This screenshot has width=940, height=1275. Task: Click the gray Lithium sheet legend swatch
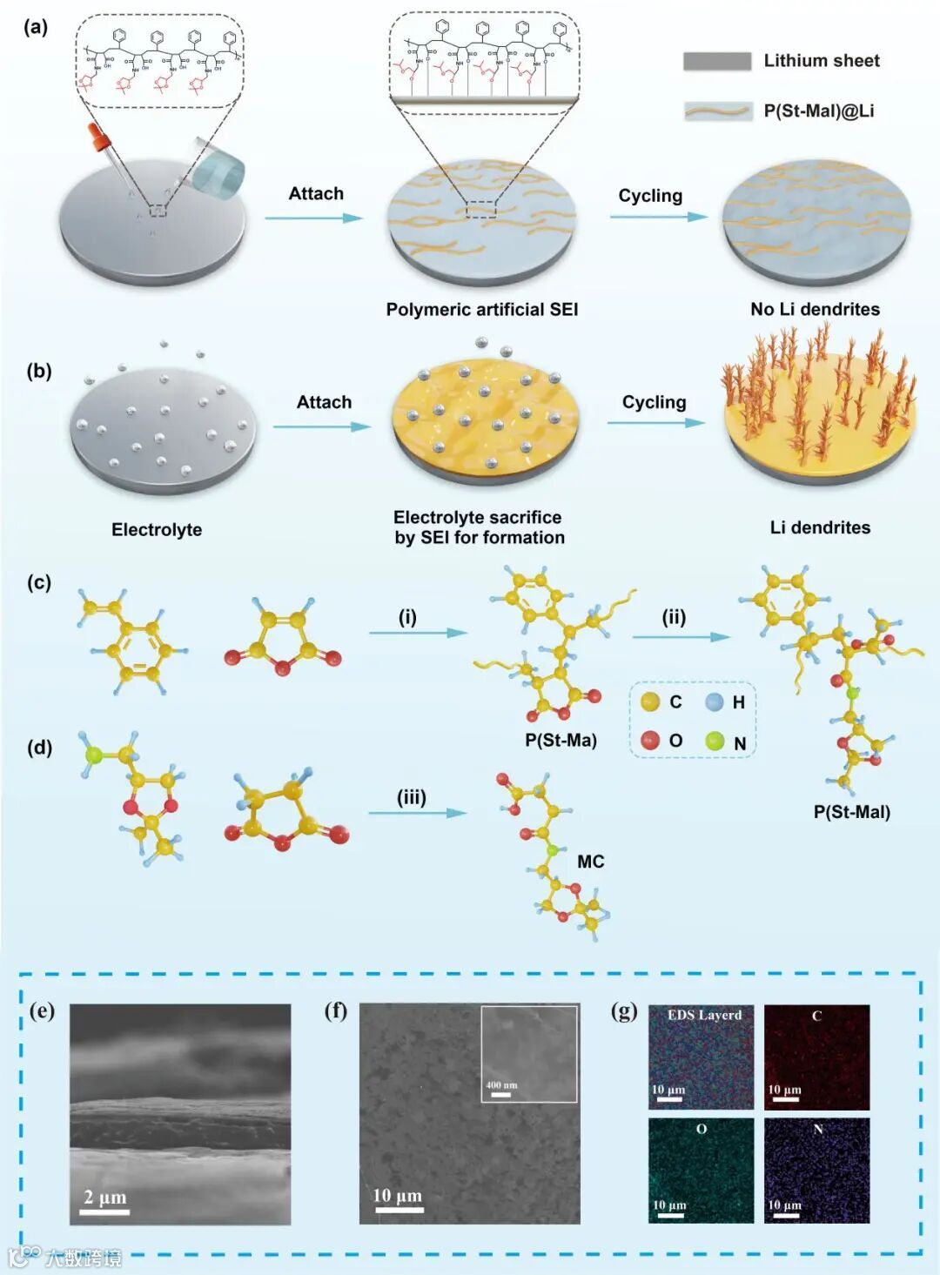point(716,61)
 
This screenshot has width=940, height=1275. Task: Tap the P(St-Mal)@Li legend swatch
point(718,111)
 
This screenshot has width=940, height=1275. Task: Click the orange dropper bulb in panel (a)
point(97,135)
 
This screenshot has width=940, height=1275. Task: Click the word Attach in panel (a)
point(316,193)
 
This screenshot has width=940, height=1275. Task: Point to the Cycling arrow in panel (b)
point(655,423)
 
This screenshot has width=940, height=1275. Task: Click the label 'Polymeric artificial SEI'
point(481,309)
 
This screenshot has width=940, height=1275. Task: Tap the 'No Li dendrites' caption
point(815,309)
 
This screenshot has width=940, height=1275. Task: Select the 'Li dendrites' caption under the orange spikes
point(820,527)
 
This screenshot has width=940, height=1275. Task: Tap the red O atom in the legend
point(650,740)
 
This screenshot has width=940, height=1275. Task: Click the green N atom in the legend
point(715,741)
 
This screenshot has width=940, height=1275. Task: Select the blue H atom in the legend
point(715,701)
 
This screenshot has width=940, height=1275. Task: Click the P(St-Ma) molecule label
point(561,740)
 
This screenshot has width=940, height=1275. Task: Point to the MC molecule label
point(590,862)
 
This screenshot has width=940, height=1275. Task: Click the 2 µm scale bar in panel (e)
point(105,1211)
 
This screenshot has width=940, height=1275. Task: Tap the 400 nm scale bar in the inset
point(500,1095)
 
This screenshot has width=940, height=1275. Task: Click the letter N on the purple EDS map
point(817,1129)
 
